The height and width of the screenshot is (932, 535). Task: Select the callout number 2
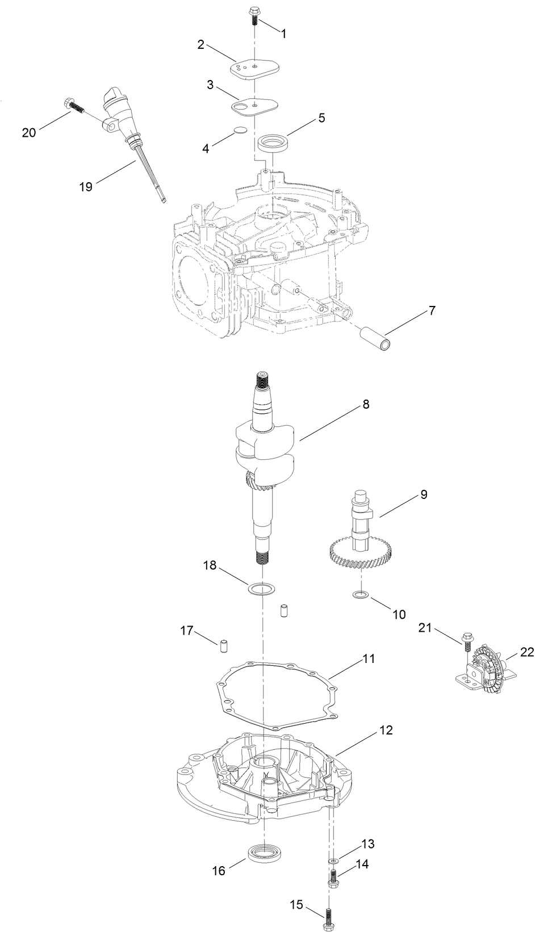pyautogui.click(x=201, y=45)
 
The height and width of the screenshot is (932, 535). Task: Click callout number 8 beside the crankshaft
pyautogui.click(x=366, y=404)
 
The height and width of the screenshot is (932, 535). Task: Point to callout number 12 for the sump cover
pyautogui.click(x=386, y=729)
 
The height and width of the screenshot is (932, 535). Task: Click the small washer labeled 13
pyautogui.click(x=333, y=862)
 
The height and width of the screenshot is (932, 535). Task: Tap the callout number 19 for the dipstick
pyautogui.click(x=86, y=186)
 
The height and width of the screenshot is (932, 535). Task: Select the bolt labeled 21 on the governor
pyautogui.click(x=467, y=642)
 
